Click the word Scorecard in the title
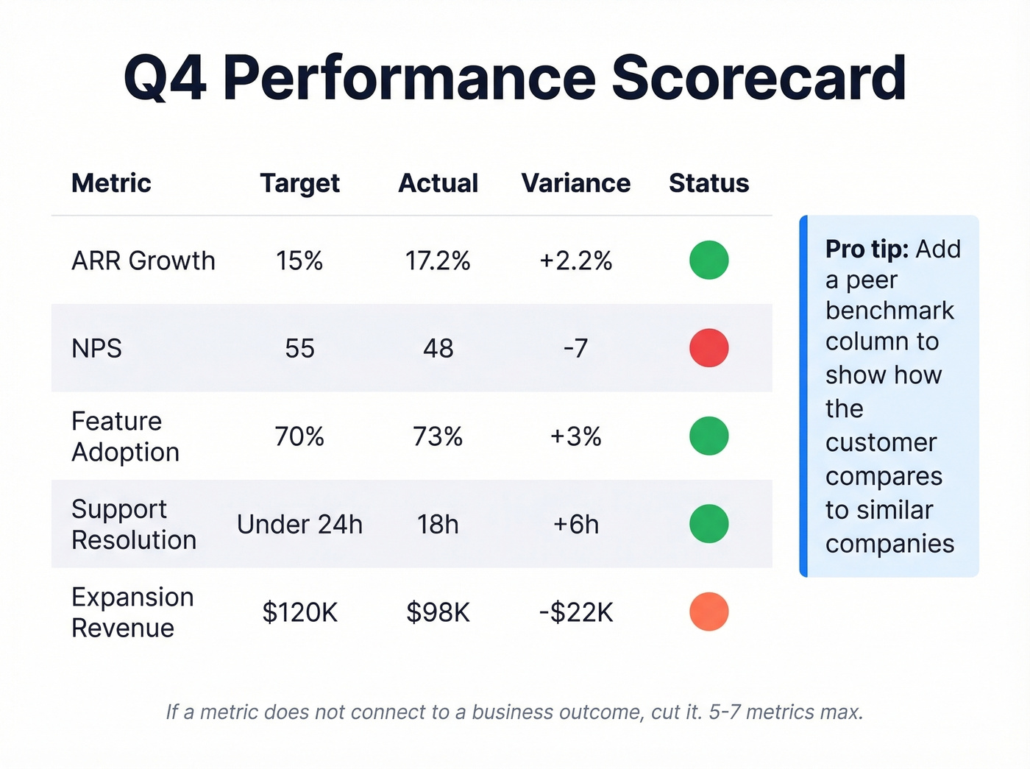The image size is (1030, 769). [x=759, y=78]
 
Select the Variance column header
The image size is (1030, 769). [x=575, y=183]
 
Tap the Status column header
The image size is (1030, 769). [x=708, y=183]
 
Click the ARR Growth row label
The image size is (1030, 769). [x=143, y=261]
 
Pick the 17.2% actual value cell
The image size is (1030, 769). [x=438, y=261]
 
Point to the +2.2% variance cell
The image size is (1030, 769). [x=575, y=261]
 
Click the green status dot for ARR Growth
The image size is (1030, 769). [x=708, y=260]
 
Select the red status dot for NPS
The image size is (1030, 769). [x=708, y=348]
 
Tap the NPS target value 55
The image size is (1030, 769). [x=299, y=348]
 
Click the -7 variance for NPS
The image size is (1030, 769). [x=575, y=348]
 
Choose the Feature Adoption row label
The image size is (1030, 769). [x=125, y=436]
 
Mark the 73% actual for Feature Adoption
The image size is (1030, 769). [x=438, y=436]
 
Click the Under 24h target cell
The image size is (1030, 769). [x=299, y=525]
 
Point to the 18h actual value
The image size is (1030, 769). [x=438, y=525]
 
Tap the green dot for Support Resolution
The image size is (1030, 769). [x=708, y=524]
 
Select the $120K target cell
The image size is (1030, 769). [x=299, y=612]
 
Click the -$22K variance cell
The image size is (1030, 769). [x=575, y=612]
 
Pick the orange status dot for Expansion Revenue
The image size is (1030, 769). [x=708, y=612]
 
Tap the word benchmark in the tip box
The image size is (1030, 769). [x=889, y=311]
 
